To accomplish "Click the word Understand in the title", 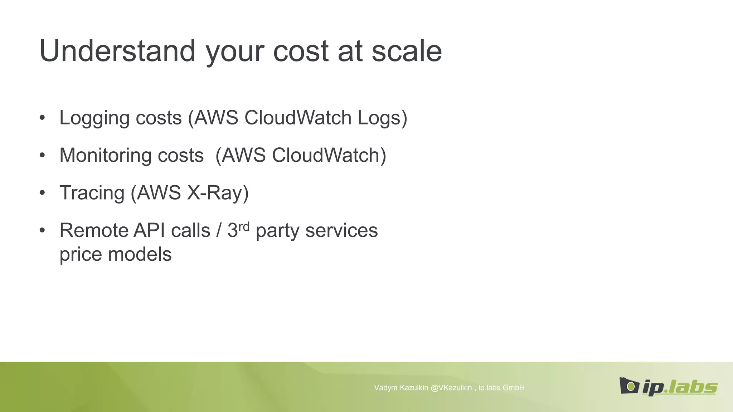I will point(117,51).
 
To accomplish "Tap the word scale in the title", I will point(407,51).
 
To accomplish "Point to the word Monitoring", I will point(106,156).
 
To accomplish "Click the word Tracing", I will point(92,193).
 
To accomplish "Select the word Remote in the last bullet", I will point(94,230).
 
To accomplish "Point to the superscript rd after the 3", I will point(244,226).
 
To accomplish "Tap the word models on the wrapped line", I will point(140,254).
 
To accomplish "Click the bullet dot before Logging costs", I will point(43,118).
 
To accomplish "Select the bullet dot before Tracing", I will point(43,193).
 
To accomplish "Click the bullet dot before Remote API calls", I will point(43,230).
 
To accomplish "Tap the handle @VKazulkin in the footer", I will point(451,388).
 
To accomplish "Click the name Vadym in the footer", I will point(385,388).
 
